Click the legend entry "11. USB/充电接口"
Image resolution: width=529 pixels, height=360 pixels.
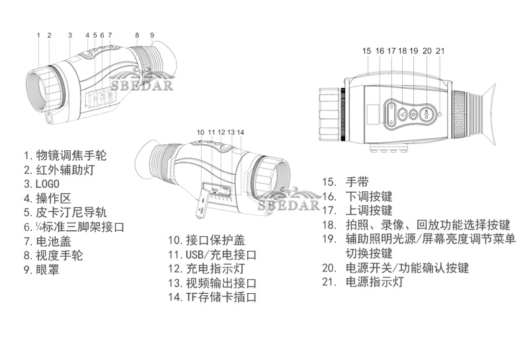(x=212, y=255)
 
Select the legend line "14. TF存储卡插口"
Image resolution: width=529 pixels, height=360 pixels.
(x=212, y=298)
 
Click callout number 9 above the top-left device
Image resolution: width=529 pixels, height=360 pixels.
(x=152, y=35)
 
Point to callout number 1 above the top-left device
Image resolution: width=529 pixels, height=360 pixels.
(x=38, y=35)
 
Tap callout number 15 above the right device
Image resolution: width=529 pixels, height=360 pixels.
(x=367, y=50)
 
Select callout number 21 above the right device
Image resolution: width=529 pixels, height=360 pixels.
(x=440, y=50)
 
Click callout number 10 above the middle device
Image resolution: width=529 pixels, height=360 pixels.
(x=200, y=132)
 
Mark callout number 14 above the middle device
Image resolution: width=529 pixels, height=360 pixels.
(x=241, y=132)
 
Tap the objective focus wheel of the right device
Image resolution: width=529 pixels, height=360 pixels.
(x=330, y=114)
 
